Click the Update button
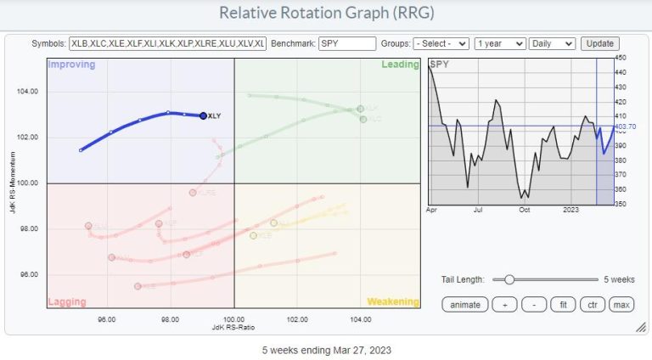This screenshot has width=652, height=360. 599,43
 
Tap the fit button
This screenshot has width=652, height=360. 562,304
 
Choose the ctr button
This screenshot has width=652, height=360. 591,304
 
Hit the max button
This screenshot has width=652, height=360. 621,304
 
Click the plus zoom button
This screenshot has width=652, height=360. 504,304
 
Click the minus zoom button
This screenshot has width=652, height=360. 533,304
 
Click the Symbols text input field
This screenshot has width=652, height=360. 169,43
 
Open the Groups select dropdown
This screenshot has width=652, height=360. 441,43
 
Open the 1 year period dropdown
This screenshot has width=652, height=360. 499,43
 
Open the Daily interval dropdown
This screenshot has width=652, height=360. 552,43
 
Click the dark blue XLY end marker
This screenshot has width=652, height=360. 203,115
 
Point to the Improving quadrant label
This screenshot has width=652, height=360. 71,65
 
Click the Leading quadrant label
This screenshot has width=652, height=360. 398,65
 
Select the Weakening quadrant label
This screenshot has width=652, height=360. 392,301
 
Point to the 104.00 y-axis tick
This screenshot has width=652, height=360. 28,91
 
